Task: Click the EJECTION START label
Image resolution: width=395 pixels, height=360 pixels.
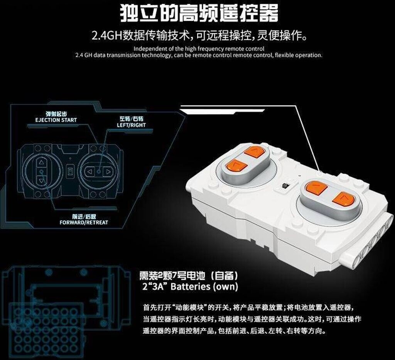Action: coord(56,120)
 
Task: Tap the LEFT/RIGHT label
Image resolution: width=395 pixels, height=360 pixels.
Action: coord(131,125)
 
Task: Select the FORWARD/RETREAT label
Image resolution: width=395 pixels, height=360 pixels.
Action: coord(84,223)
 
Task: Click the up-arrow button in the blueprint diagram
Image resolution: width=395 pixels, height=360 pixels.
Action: coord(41,162)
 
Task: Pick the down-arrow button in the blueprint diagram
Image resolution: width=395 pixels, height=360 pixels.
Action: coord(41,180)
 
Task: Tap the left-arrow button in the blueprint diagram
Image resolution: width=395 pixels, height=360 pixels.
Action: coord(89,172)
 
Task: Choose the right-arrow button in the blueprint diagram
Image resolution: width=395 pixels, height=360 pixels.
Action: coord(108,172)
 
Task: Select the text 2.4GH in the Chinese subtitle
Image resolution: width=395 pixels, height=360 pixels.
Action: coord(106,36)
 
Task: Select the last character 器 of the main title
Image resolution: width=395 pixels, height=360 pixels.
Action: coord(268,12)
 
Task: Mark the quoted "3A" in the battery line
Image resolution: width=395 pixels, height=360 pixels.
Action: coord(156,287)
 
